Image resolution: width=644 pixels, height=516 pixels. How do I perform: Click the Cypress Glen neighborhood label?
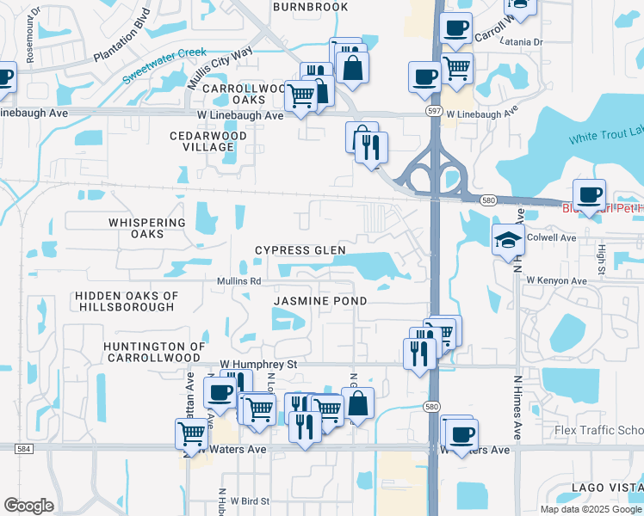coord(300,250)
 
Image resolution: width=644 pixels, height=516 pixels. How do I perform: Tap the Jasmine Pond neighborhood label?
coord(320,301)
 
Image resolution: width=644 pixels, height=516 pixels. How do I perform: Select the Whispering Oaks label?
coord(147,228)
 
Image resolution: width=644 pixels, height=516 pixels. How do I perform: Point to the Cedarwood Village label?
coord(208,142)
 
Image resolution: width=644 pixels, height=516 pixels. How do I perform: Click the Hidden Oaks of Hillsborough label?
coord(127,301)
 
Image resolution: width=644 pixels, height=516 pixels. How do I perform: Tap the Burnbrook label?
coord(310,7)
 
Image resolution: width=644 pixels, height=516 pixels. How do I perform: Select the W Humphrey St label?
coord(258,365)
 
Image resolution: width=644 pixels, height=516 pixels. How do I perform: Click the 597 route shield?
coord(435,111)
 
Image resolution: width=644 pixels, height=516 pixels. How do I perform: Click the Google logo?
coord(28,506)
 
